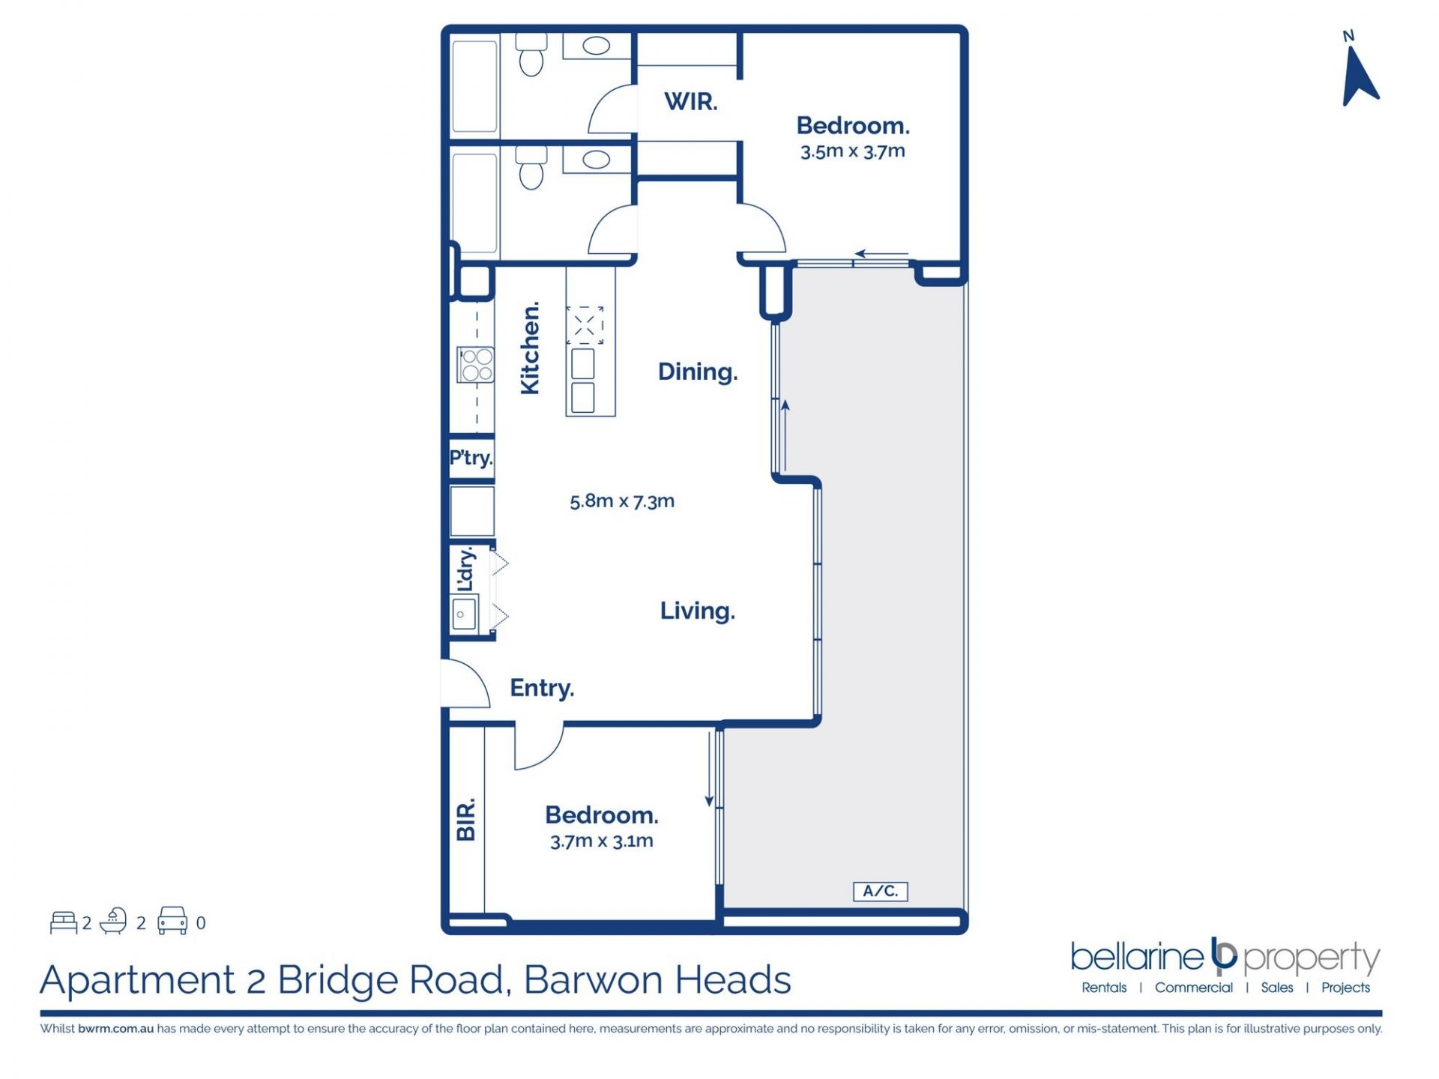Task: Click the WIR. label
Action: tap(690, 101)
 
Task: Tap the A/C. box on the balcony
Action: tap(881, 891)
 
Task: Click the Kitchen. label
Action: tap(530, 348)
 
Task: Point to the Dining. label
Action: tap(698, 372)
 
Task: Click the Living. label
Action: tap(698, 611)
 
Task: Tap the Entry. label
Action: tap(542, 688)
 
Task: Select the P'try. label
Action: tap(471, 457)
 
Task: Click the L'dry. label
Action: tap(466, 569)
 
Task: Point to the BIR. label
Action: tap(465, 819)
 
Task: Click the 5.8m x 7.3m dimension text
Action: tap(622, 501)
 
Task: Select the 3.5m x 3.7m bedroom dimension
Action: tap(853, 151)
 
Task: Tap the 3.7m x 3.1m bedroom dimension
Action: tap(602, 841)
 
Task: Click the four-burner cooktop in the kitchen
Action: tap(476, 365)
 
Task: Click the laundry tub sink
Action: tap(465, 615)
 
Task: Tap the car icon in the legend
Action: tap(172, 921)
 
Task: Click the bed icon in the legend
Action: tap(64, 922)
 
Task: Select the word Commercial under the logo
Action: tap(1194, 988)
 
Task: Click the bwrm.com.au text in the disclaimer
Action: tap(115, 1029)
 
